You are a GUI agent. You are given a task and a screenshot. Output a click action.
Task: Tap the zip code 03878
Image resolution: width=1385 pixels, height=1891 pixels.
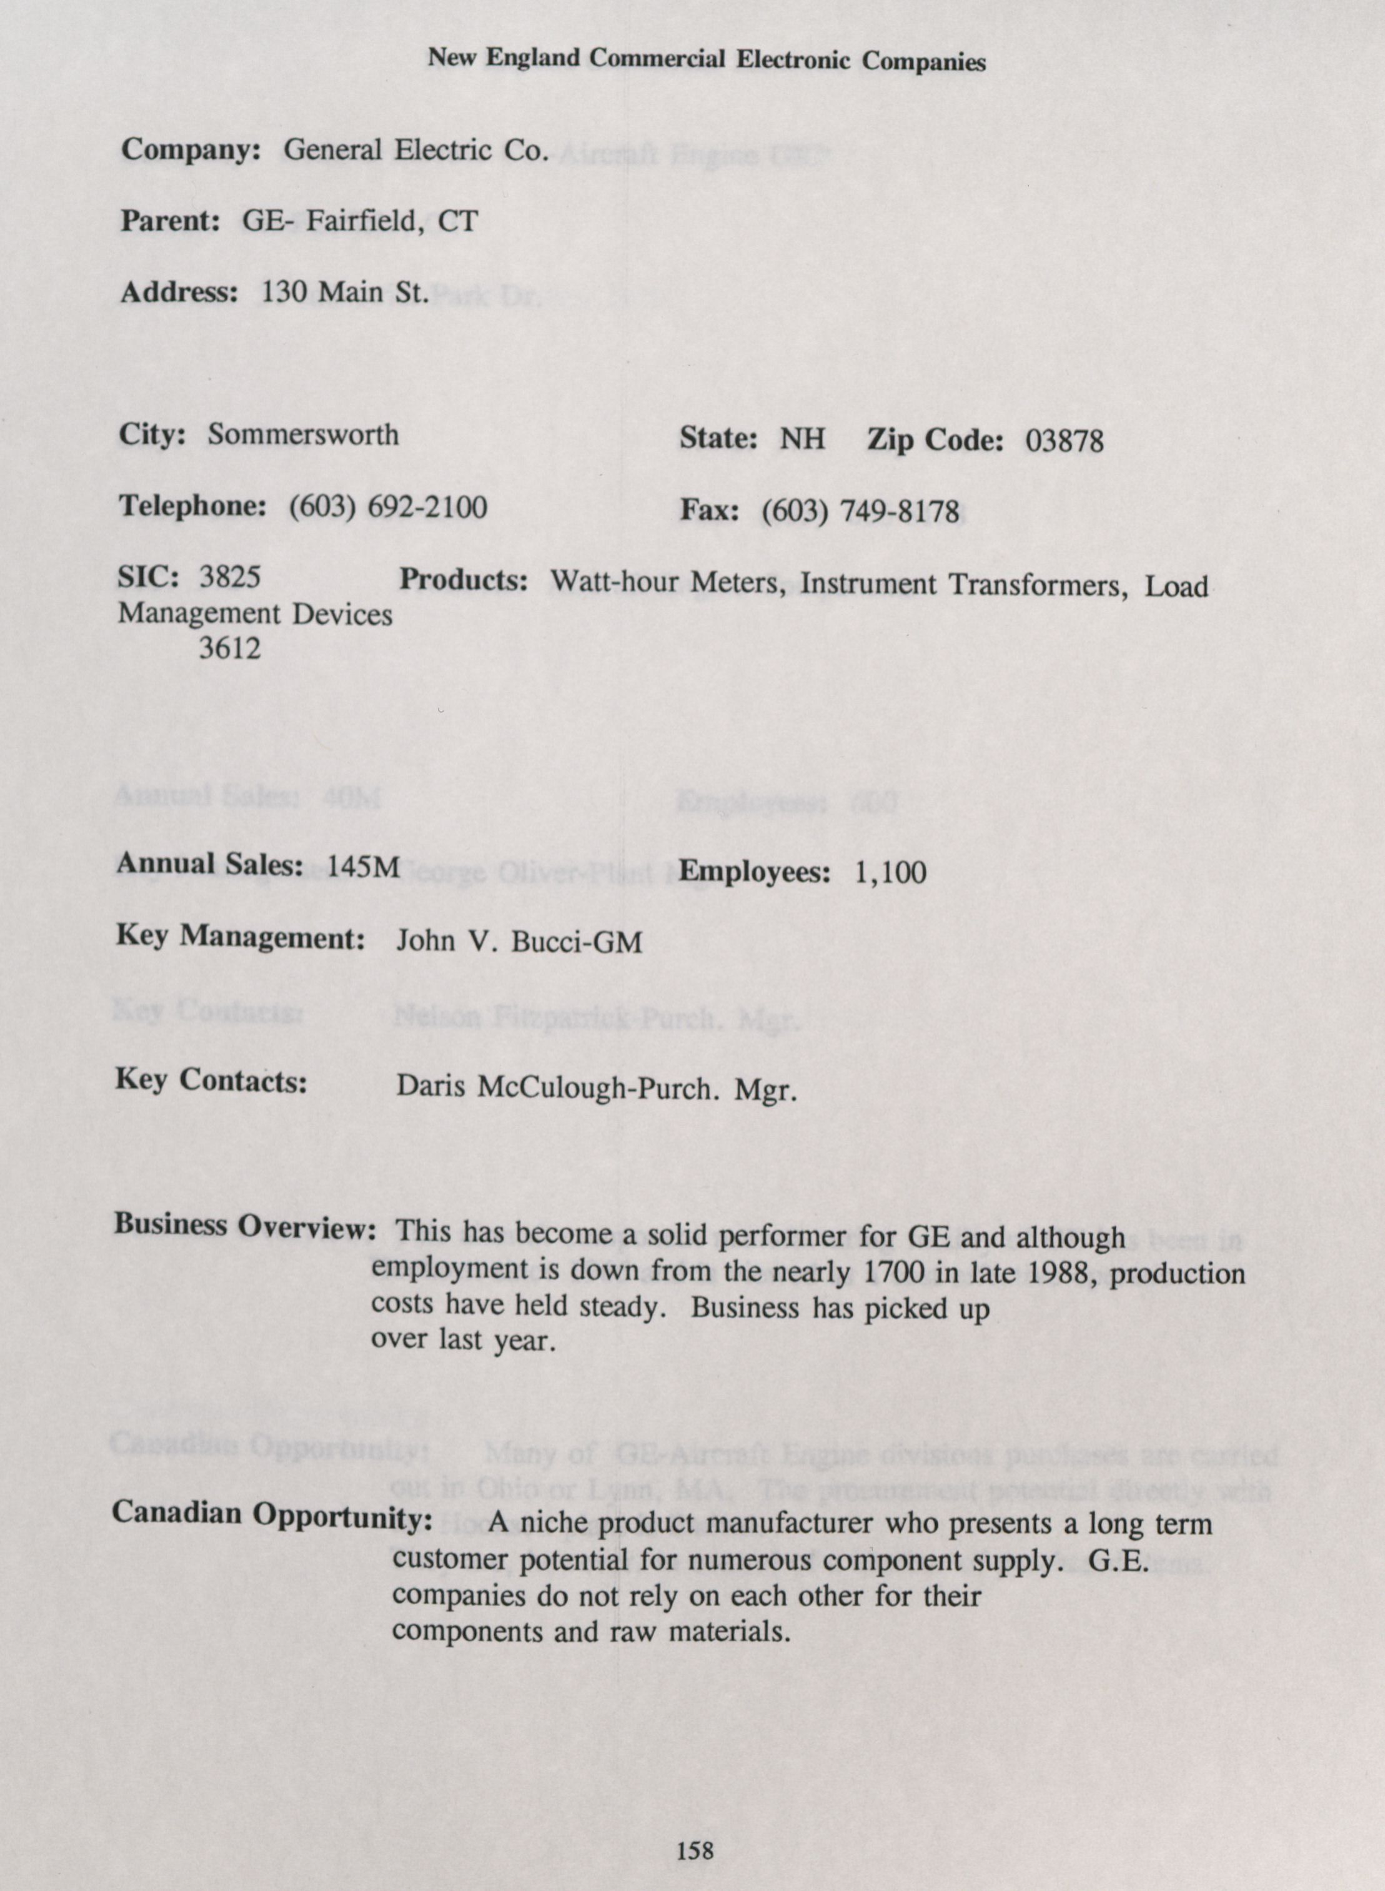[x=1064, y=441]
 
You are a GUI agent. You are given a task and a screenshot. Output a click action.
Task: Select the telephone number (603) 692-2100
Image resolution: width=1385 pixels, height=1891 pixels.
[x=387, y=507]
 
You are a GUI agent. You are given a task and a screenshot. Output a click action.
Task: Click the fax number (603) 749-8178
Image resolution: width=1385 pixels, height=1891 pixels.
[x=860, y=510]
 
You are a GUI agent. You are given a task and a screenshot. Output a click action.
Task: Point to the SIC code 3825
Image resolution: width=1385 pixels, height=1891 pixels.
[x=230, y=577]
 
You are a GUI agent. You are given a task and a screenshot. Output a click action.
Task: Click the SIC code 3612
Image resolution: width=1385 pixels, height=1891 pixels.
[x=230, y=647]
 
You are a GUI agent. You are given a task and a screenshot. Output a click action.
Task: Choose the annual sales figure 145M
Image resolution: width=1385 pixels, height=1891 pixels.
[x=363, y=866]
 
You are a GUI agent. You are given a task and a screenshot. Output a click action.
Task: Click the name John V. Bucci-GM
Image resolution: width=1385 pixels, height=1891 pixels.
[x=519, y=942]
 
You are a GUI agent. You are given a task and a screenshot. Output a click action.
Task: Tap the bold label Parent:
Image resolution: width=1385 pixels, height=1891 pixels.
[x=171, y=221]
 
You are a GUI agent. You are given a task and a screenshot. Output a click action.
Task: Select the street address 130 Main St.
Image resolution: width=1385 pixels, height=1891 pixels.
[x=345, y=292]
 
